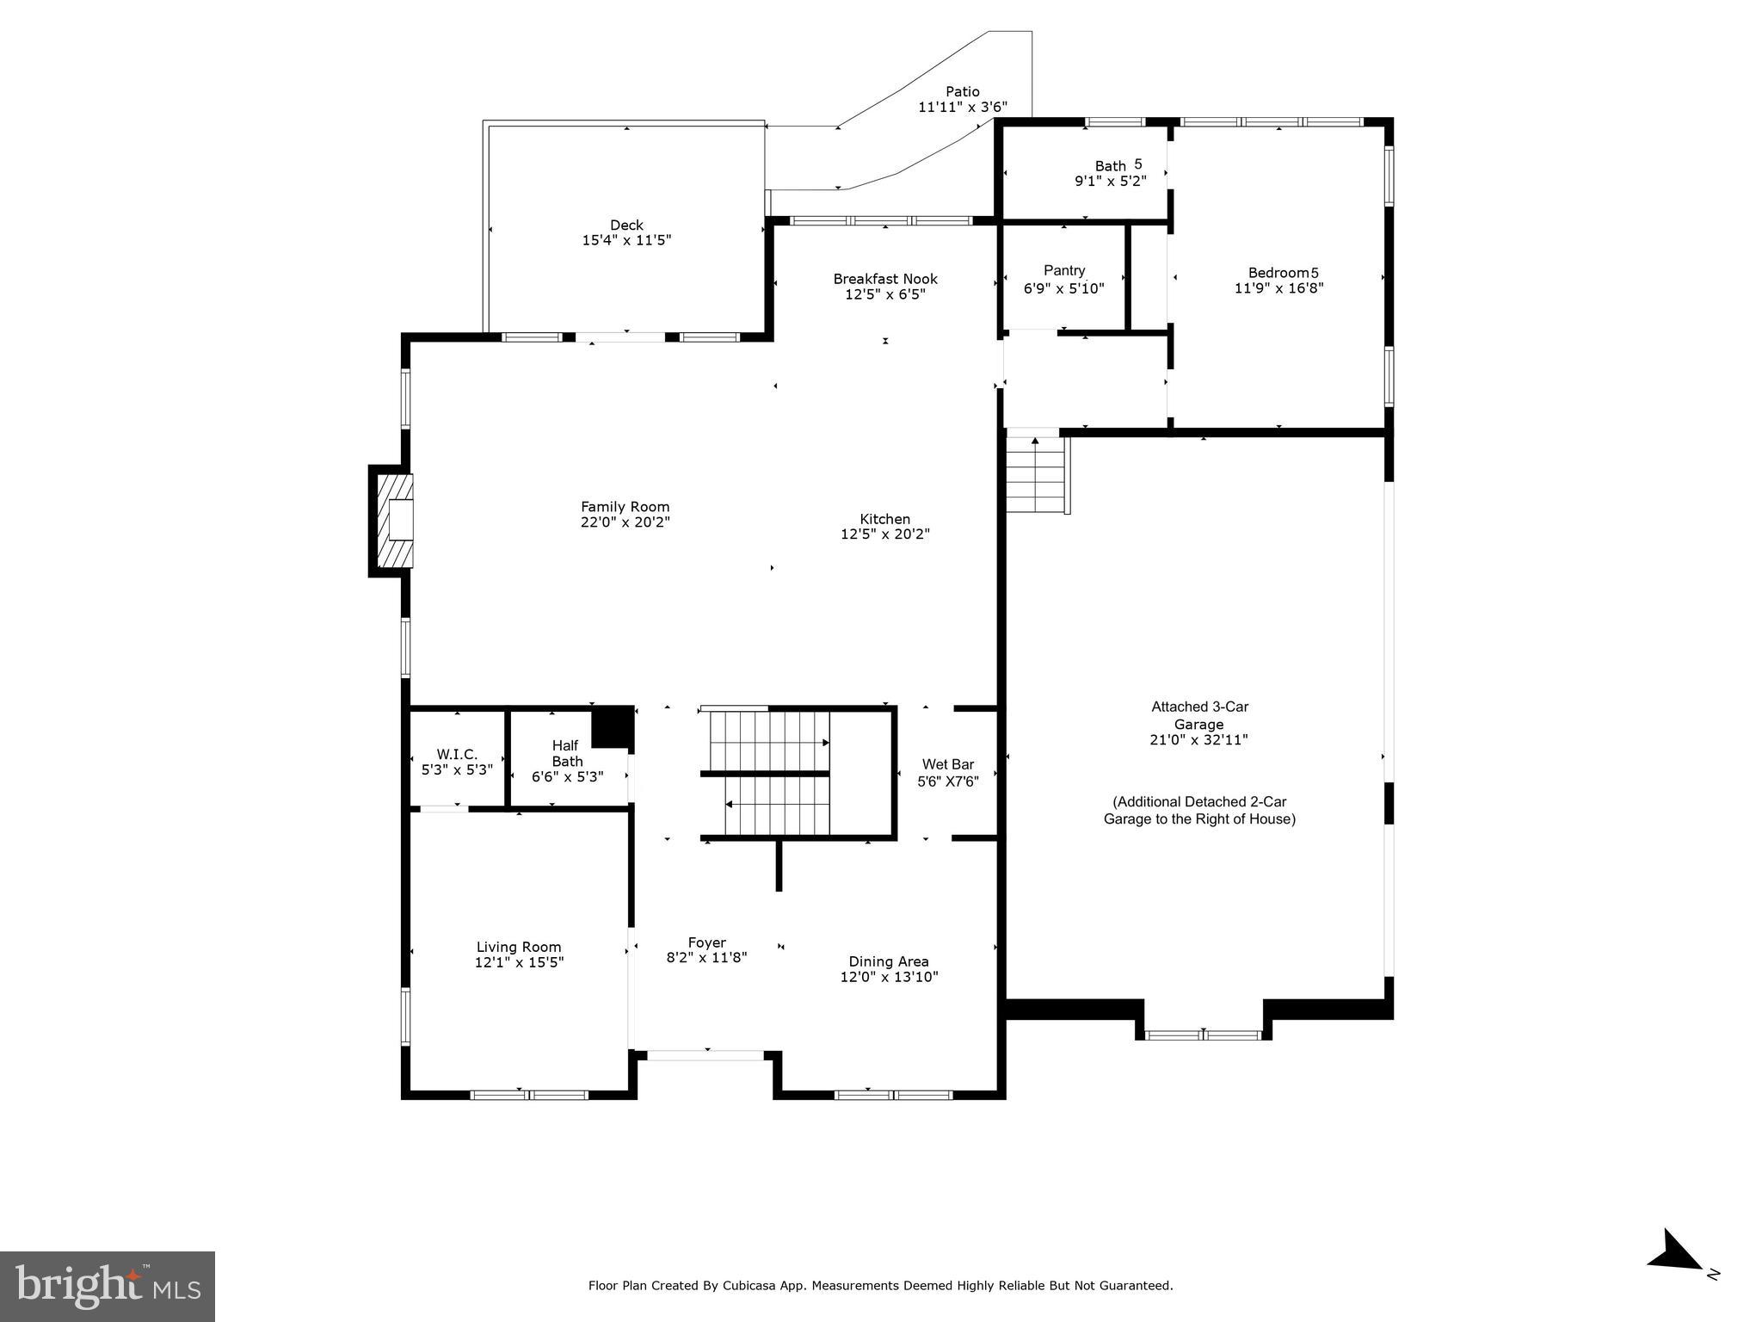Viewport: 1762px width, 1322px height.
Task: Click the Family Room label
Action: coord(625,507)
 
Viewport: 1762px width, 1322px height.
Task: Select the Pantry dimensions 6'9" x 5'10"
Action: coord(1063,288)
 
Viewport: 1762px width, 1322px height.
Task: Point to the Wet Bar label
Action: coord(947,764)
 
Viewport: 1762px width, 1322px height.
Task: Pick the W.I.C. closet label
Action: coord(456,754)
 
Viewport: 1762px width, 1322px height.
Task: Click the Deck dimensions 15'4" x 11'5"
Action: coord(626,240)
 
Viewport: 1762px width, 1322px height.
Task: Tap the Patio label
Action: coord(962,91)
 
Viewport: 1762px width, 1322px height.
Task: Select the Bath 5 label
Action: coord(1118,165)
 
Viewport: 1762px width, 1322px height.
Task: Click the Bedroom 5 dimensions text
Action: coord(1278,288)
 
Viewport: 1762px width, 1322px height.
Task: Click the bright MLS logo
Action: coord(108,1286)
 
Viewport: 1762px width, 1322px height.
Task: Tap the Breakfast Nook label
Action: coord(884,279)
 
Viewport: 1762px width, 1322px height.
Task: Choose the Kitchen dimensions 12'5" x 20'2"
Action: coord(884,534)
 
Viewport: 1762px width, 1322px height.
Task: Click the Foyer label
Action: coord(706,942)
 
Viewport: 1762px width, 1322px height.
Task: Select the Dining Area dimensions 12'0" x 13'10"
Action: coord(888,977)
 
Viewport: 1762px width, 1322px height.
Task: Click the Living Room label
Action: coord(518,947)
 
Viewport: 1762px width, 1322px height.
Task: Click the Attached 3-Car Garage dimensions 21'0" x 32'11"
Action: coord(1198,739)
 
